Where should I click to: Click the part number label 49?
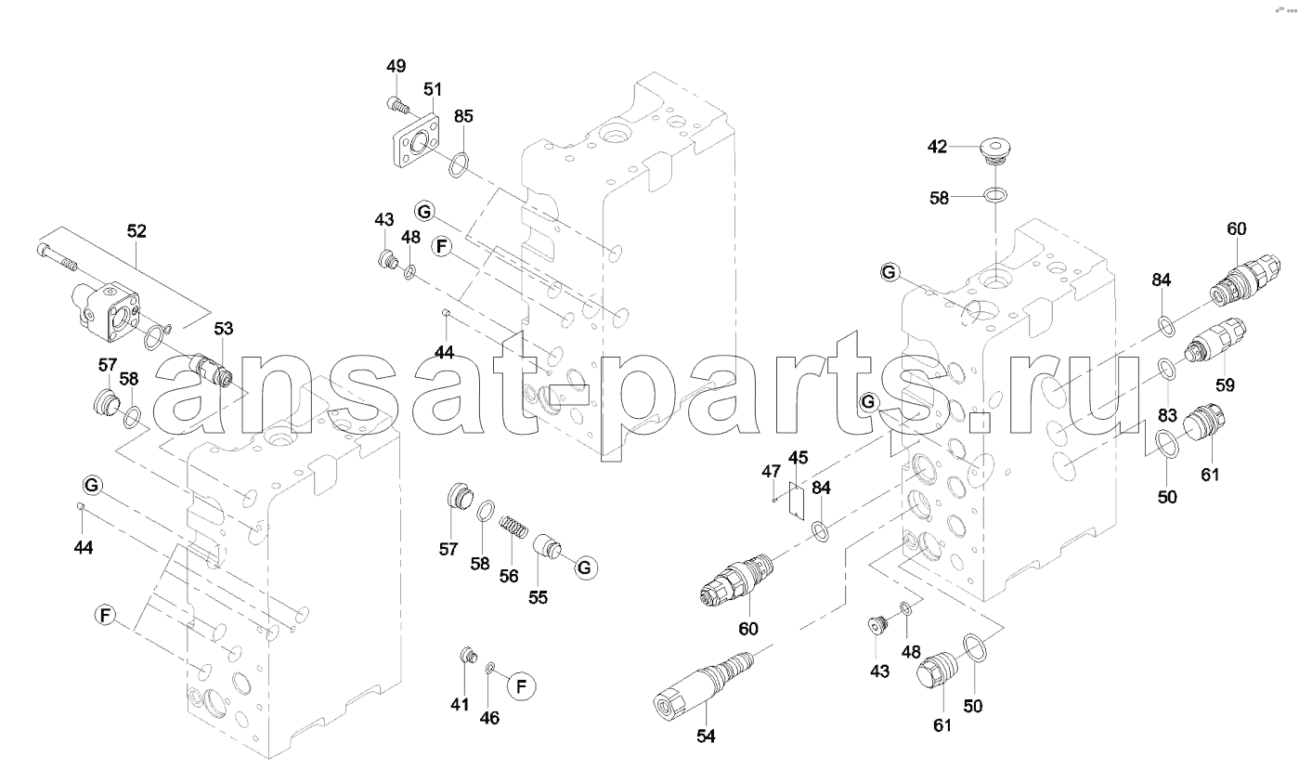[396, 66]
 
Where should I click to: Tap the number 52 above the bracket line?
[136, 232]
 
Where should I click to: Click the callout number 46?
[490, 717]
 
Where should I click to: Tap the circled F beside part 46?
[521, 686]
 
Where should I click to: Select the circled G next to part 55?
[584, 567]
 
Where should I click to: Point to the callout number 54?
[707, 736]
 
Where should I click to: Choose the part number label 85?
[463, 116]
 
